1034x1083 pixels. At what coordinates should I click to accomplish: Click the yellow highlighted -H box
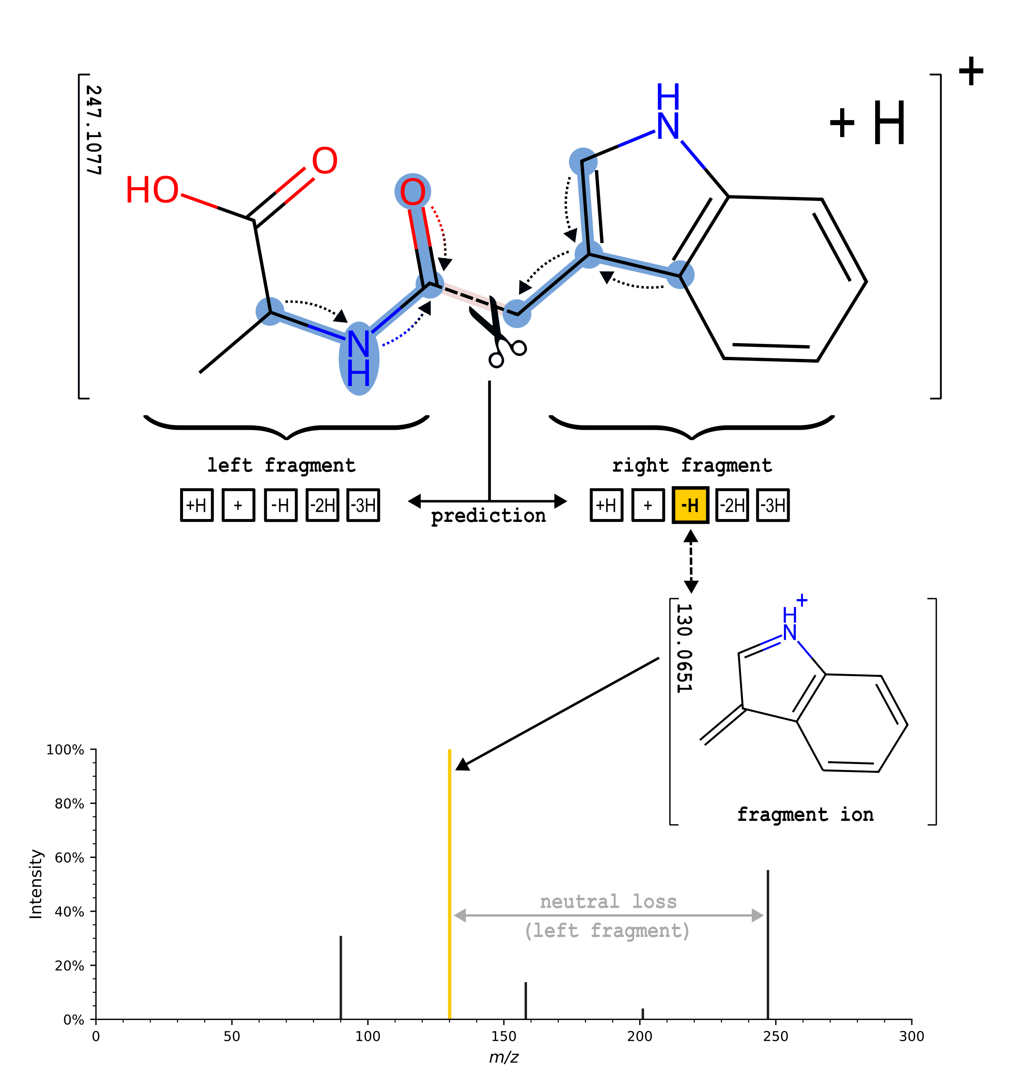click(690, 505)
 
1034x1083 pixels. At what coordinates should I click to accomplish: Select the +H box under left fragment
click(197, 505)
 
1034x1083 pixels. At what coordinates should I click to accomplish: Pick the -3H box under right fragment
click(773, 505)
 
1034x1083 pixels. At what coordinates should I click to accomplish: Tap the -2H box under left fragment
click(322, 505)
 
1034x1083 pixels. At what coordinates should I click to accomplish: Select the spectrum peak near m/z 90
click(341, 977)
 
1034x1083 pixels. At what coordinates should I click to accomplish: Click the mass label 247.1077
click(94, 130)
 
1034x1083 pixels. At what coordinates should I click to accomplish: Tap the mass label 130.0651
click(684, 648)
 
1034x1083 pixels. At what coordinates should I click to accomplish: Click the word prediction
click(488, 516)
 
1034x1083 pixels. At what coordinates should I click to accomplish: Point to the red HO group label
click(152, 190)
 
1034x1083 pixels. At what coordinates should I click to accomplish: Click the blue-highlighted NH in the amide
click(359, 358)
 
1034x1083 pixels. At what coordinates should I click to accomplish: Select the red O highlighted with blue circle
click(412, 192)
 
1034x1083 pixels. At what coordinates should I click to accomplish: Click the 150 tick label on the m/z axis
click(504, 1036)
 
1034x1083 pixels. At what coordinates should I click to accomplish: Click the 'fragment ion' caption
click(805, 815)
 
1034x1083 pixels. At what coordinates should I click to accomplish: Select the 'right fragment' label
click(692, 466)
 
